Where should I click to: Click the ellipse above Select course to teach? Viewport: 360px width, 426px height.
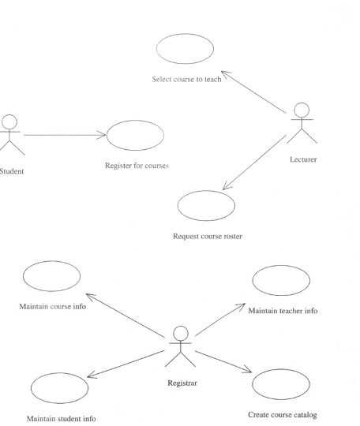tap(186, 34)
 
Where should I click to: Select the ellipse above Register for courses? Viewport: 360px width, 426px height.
tap(135, 121)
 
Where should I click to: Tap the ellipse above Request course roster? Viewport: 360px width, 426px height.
tap(206, 191)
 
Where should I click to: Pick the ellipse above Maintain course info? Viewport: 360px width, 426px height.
tap(51, 261)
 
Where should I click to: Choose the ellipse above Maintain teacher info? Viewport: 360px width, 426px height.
tap(281, 266)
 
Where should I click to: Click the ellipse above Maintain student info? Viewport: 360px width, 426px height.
tap(59, 373)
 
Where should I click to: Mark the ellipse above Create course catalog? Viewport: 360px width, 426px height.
tap(281, 369)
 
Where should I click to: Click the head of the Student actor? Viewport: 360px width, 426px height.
tap(9, 122)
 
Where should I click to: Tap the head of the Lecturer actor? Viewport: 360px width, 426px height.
tap(302, 110)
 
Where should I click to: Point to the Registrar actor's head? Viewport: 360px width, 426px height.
tap(181, 334)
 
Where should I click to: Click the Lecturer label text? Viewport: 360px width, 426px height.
tap(303, 159)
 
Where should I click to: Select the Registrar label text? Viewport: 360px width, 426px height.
tap(182, 383)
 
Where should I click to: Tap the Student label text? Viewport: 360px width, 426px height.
tap(11, 171)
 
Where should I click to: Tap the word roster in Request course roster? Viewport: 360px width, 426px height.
tap(233, 237)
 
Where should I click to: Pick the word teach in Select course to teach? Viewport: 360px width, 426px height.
tap(213, 79)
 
